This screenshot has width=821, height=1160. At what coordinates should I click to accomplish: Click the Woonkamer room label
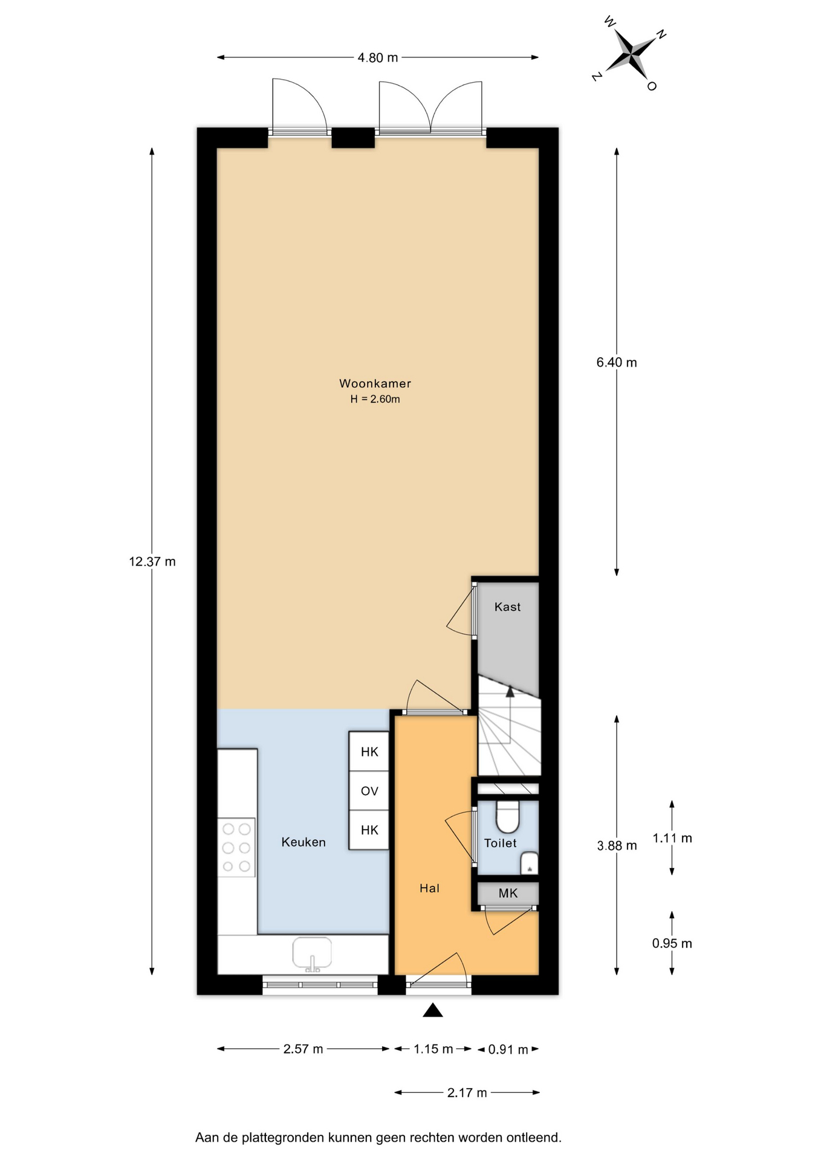point(375,383)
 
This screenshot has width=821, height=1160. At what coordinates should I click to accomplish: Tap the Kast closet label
point(507,607)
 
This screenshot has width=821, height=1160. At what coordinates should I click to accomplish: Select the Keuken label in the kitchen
point(303,842)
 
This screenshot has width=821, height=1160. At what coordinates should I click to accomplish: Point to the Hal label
point(429,888)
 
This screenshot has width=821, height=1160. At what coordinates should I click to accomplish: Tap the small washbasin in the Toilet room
point(529,863)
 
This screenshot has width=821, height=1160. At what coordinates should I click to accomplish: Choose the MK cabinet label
point(508,893)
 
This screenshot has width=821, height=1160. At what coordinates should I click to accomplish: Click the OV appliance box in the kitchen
point(369,791)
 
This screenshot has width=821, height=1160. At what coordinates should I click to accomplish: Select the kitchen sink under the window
point(312,955)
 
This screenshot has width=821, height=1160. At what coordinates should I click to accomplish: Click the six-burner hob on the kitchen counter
point(236,848)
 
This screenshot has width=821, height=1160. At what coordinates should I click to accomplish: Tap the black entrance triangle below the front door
point(432,1010)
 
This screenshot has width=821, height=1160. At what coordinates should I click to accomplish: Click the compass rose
point(629,53)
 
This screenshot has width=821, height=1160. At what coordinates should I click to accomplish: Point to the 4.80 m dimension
point(378,57)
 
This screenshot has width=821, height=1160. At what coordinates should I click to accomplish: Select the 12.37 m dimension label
point(152,561)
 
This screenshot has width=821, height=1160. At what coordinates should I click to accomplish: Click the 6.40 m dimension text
point(617,362)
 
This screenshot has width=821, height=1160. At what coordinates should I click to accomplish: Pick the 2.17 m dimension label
point(467,1092)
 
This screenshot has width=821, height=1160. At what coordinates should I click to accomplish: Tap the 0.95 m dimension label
point(672,943)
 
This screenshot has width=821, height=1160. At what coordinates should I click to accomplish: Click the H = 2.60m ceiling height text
point(375,399)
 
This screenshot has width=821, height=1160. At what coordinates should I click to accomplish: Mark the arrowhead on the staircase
point(510,691)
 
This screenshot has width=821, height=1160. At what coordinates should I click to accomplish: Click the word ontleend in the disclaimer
point(534,1138)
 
